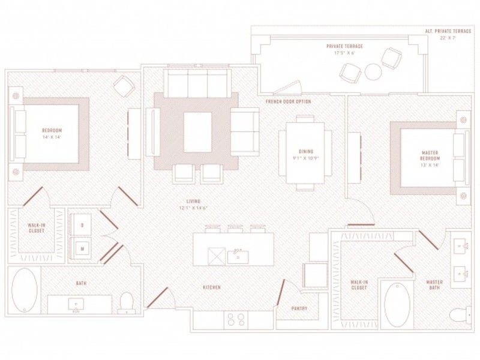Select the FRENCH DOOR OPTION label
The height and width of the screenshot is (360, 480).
(288, 102)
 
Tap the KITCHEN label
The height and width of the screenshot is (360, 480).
(211, 287)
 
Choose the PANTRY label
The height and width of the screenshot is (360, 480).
(299, 309)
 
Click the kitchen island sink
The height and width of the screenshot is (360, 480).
(238, 256)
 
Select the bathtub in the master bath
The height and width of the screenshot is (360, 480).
(396, 303)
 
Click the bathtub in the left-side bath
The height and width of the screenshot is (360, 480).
(25, 290)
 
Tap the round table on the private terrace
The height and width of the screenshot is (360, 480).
(373, 72)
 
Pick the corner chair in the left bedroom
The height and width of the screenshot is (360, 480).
(125, 87)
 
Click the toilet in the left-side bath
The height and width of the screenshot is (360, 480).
(126, 302)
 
